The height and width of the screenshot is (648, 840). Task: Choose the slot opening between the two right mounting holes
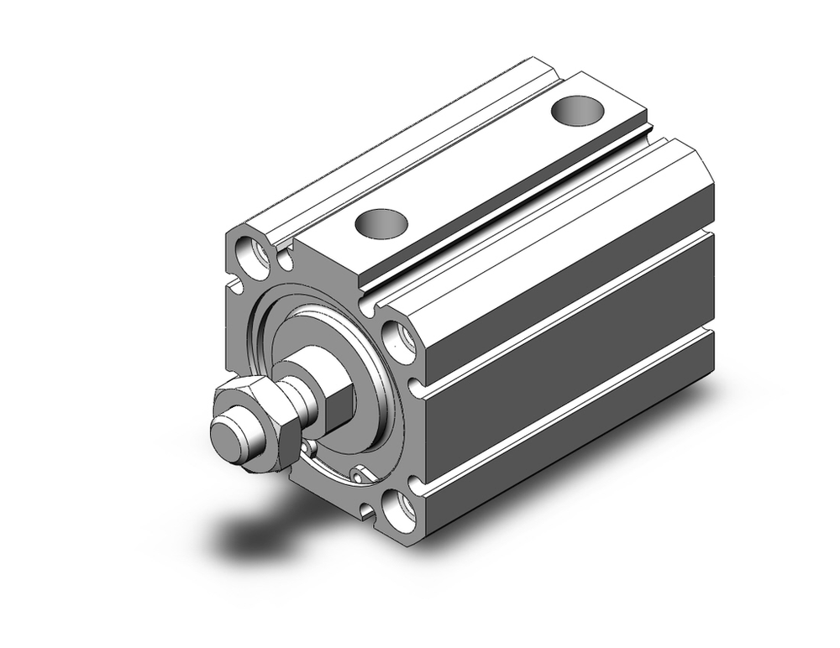(x=415, y=387)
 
